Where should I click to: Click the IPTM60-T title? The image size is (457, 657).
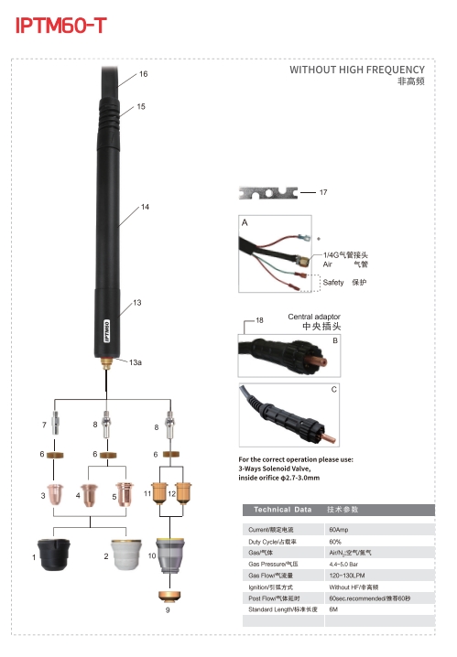(60, 27)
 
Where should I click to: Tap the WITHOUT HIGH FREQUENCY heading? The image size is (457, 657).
(356, 70)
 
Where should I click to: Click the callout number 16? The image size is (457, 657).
(143, 73)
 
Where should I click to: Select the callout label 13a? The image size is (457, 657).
(136, 363)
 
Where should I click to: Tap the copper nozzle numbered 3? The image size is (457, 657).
(56, 495)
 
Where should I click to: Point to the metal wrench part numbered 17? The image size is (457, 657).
(268, 192)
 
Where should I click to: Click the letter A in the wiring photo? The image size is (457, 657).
(245, 223)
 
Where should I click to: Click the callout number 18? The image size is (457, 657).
(259, 320)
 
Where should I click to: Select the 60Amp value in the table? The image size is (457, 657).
(338, 529)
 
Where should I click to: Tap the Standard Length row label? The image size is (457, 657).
(283, 609)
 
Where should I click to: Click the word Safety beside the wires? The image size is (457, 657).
(334, 283)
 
